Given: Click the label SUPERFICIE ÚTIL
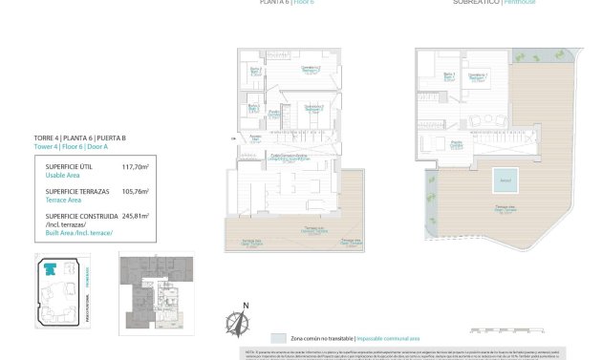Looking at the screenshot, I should pos(70,166).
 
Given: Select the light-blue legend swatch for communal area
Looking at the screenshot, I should pos(277,338).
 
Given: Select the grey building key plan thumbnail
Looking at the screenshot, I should pos(156,292).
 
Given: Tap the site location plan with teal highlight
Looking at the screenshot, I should pos(68,293).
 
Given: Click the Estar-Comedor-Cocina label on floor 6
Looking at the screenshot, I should pos(288,155).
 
